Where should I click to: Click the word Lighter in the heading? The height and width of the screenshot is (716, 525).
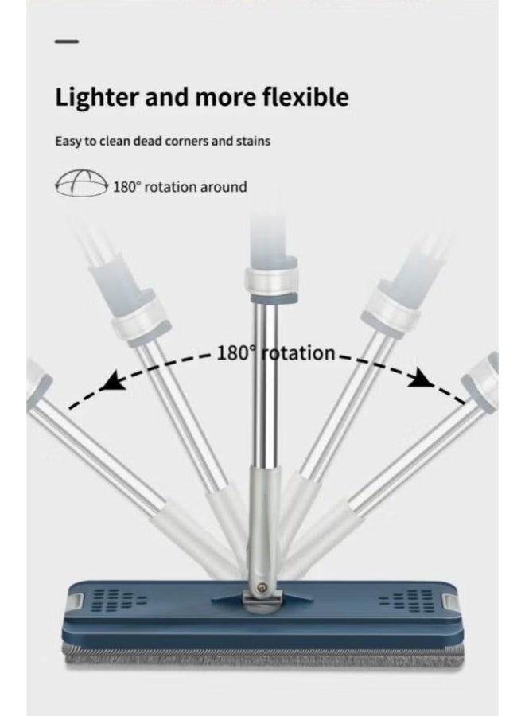[96, 97]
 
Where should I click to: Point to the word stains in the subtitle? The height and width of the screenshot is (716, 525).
[253, 141]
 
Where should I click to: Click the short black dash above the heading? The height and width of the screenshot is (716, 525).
[67, 41]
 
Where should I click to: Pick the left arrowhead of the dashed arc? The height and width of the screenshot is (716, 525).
[111, 380]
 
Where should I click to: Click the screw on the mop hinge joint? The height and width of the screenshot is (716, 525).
[262, 588]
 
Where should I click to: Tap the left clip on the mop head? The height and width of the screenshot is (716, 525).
[76, 601]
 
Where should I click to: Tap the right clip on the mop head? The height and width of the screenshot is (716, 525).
[449, 602]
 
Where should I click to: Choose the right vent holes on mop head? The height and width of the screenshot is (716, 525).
[406, 601]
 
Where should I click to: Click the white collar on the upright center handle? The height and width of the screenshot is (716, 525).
[271, 280]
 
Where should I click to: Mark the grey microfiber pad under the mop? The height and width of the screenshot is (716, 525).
[263, 655]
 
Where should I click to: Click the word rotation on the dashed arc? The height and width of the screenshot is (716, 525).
[299, 353]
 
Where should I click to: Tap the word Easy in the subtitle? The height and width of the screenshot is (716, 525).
[68, 142]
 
